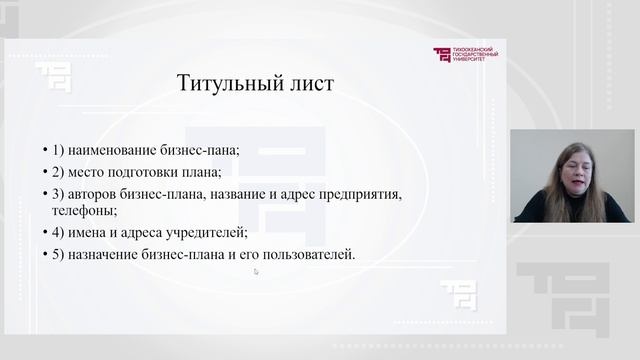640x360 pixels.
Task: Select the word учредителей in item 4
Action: (x=206, y=233)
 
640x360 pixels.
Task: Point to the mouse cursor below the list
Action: (x=256, y=270)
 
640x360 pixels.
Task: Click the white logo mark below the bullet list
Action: (x=458, y=295)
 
